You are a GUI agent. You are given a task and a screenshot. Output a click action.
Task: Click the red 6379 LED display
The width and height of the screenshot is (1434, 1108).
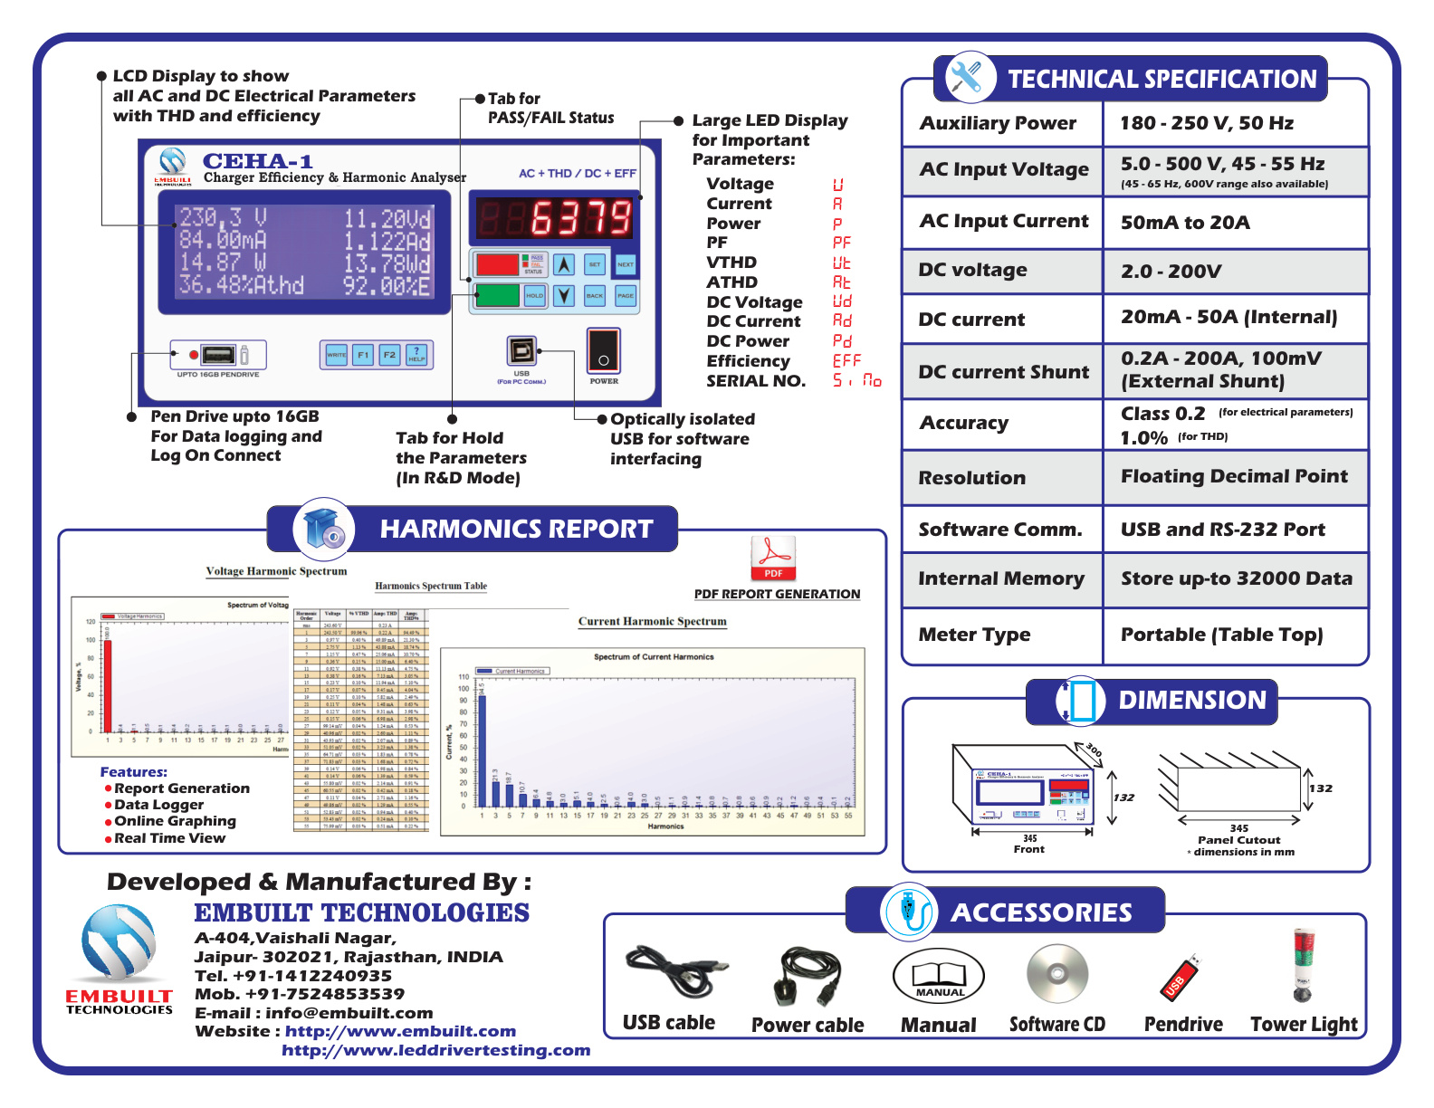tap(555, 218)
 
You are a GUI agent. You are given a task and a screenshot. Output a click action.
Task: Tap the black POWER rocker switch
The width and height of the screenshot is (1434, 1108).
tap(603, 351)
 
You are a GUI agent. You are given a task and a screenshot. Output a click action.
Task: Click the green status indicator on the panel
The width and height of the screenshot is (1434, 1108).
tap(497, 295)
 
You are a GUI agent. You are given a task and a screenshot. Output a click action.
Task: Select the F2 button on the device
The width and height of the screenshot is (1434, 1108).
tap(389, 355)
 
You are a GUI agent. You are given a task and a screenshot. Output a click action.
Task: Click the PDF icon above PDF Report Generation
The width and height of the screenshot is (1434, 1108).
tap(772, 559)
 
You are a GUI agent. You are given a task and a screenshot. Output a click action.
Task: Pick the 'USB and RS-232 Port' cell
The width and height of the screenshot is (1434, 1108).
tap(1222, 530)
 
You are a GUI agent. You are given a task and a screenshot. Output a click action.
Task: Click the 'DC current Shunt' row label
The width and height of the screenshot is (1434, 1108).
tap(1003, 372)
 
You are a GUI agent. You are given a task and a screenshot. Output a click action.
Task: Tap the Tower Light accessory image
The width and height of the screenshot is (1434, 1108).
tap(1302, 966)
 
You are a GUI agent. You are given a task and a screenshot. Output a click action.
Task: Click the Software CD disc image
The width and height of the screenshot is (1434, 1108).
tap(1056, 974)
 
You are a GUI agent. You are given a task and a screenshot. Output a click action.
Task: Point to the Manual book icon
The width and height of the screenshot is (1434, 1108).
tap(939, 976)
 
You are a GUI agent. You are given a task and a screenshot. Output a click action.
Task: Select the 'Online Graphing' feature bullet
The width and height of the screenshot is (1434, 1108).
tap(175, 821)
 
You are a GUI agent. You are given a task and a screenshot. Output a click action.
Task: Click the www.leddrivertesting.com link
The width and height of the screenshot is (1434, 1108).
tap(435, 1050)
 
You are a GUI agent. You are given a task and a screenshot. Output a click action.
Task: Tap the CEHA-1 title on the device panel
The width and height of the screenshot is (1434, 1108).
tap(257, 161)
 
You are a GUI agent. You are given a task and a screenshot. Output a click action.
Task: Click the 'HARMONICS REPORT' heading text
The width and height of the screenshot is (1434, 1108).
tap(516, 529)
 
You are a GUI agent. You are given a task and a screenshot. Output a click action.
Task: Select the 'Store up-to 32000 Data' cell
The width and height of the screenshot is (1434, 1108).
tap(1236, 578)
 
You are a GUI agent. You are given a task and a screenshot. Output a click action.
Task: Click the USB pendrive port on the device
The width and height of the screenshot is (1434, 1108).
tap(218, 355)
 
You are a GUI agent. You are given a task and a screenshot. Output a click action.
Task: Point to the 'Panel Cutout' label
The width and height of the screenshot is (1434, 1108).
tap(1238, 840)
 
